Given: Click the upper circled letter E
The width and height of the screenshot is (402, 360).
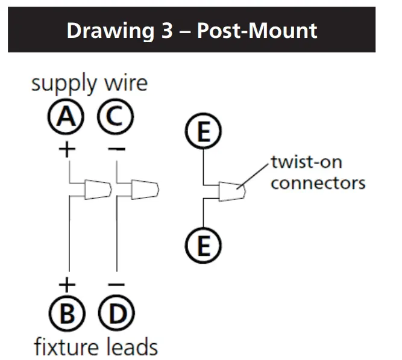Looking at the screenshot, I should pos(204,131).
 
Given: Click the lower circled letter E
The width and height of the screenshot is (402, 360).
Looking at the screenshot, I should pos(204,246).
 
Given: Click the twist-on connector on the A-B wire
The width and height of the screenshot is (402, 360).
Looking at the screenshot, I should pos(96,189).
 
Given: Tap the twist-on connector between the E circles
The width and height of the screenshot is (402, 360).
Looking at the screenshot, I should pos(233,192).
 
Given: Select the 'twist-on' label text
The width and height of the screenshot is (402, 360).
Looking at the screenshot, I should pos(306,163).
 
